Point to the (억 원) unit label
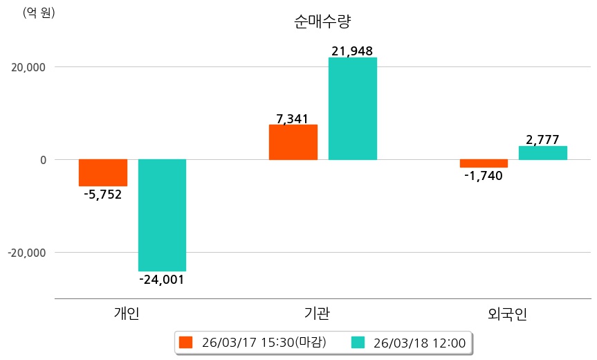[39, 12]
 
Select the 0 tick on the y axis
[42, 160]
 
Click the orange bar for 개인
[103, 172]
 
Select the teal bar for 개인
[162, 215]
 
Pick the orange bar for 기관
[293, 142]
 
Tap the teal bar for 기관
[352, 109]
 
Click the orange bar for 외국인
[484, 163]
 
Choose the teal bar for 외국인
[542, 153]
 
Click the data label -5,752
[102, 195]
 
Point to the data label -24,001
[162, 280]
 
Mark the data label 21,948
[352, 51]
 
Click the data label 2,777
[542, 140]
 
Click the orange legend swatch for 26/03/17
[185, 342]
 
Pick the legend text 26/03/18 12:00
[419, 342]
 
